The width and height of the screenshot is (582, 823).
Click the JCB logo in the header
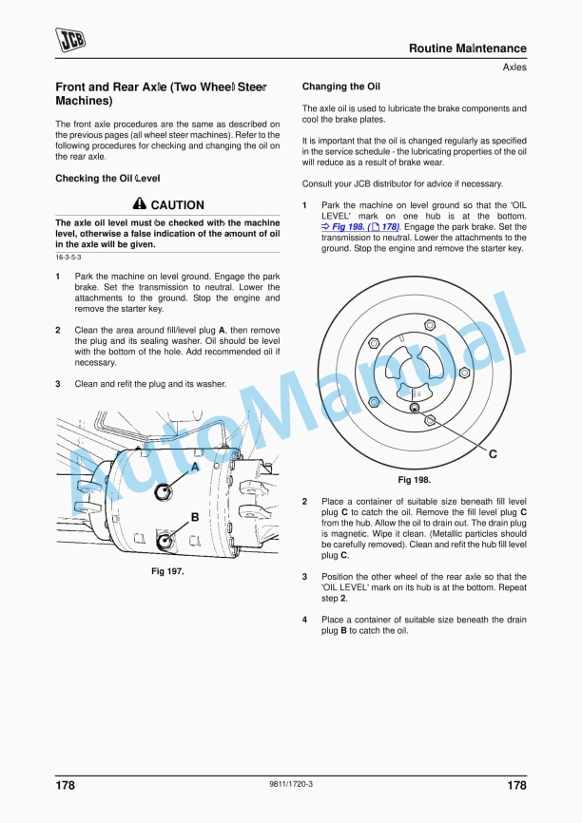coord(70,39)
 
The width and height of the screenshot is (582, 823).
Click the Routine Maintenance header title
coord(467,48)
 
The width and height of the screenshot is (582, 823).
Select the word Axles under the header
coord(514,67)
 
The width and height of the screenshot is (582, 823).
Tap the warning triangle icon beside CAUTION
coord(140,204)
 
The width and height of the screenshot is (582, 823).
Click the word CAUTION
coord(177,205)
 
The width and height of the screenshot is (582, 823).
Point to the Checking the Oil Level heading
coord(107,178)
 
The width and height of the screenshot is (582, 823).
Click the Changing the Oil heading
coord(340,86)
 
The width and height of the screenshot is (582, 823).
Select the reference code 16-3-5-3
coord(68,258)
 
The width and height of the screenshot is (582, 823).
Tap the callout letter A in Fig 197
coord(195,468)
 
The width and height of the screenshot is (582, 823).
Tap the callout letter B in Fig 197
coord(194,517)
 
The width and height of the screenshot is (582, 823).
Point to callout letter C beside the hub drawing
coord(493,454)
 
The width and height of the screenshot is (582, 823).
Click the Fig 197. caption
coord(167,571)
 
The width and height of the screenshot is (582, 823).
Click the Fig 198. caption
coord(414,480)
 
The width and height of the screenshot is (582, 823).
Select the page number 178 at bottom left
coord(65,785)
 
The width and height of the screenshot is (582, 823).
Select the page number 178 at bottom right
coord(515,785)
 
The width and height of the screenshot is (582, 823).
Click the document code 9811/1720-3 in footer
coord(291,784)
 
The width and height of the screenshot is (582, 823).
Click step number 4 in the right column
coord(304,620)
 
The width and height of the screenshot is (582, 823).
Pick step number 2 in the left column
coord(58,330)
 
